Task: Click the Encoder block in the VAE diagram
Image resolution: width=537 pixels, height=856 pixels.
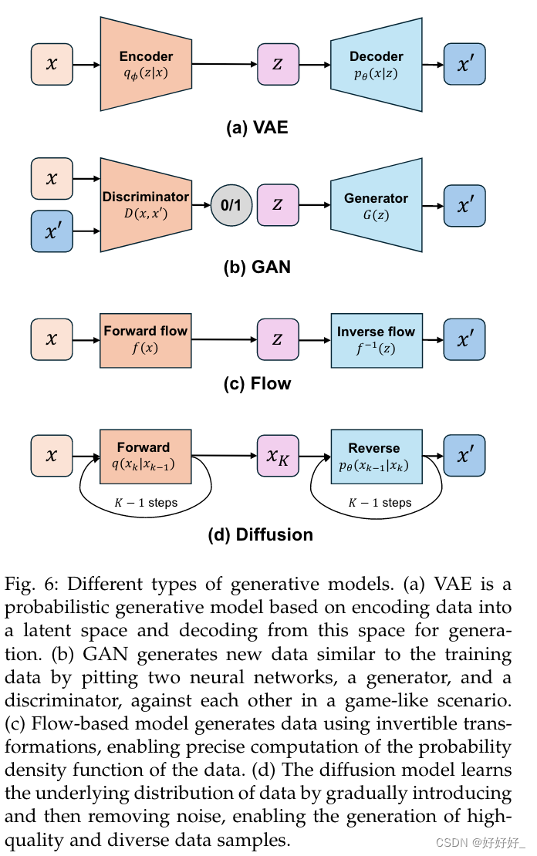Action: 146,64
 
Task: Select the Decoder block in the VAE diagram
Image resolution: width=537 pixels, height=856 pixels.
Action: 376,64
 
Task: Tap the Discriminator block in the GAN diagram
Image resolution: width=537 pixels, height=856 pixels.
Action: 146,205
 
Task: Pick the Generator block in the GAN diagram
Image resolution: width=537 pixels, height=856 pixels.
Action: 376,205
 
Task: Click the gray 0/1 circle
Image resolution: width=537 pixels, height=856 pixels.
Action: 231,205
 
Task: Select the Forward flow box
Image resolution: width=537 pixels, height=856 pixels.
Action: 146,339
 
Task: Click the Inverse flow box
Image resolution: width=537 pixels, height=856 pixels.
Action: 376,339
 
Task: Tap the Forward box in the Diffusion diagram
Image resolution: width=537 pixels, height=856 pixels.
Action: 146,457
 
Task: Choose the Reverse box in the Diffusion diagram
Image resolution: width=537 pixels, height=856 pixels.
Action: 376,457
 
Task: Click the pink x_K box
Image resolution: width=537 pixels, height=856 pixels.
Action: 278,457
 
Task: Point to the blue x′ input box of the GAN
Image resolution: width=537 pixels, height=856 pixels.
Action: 52,231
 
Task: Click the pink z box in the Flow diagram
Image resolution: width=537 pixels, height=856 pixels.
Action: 278,339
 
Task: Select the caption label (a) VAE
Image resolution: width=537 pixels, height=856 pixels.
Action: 257,127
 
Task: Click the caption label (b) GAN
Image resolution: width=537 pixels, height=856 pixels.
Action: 257,268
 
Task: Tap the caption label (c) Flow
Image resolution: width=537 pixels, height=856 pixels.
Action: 257,383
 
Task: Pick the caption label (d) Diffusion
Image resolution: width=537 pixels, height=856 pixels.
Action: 261,534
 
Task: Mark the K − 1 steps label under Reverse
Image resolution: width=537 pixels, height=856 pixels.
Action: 380,503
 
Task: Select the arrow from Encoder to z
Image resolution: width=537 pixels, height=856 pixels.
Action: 224,65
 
